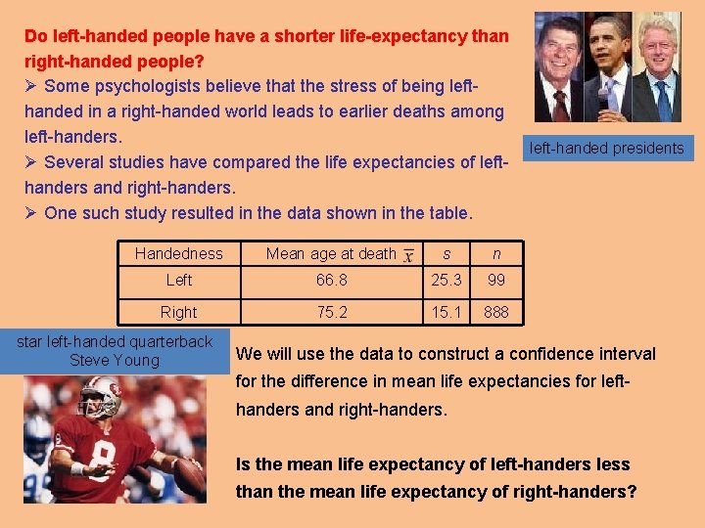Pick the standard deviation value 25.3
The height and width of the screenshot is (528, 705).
(x=446, y=281)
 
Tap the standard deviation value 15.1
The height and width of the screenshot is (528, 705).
(x=446, y=313)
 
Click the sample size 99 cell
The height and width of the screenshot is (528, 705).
(x=496, y=281)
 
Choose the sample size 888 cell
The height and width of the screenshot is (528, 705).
(x=496, y=313)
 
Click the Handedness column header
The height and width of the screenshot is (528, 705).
(x=178, y=253)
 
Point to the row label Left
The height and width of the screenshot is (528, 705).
(x=178, y=281)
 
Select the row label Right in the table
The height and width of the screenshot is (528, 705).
(x=178, y=313)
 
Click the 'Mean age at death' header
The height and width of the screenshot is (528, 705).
(x=331, y=253)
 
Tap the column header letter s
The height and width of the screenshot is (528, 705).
(x=446, y=253)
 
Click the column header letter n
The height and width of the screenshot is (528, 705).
(x=496, y=253)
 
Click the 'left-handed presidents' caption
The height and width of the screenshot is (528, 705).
(x=606, y=149)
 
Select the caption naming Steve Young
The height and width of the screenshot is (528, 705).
(x=115, y=351)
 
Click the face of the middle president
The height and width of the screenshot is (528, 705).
(x=609, y=44)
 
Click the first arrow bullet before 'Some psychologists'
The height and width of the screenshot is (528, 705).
(x=30, y=87)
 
